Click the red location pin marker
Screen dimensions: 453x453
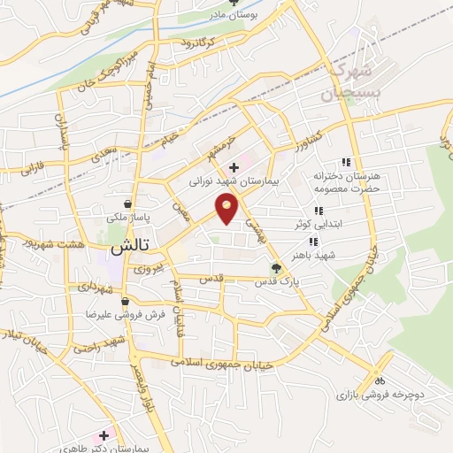pos(228,209)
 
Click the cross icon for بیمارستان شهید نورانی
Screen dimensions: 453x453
pos(234,167)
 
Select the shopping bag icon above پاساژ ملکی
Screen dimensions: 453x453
pos(129,203)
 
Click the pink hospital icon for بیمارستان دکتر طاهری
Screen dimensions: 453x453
pos(105,436)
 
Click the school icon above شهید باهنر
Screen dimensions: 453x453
pos(312,242)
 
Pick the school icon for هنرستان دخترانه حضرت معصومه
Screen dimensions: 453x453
pos(347,162)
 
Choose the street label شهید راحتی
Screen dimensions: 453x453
pos(96,343)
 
